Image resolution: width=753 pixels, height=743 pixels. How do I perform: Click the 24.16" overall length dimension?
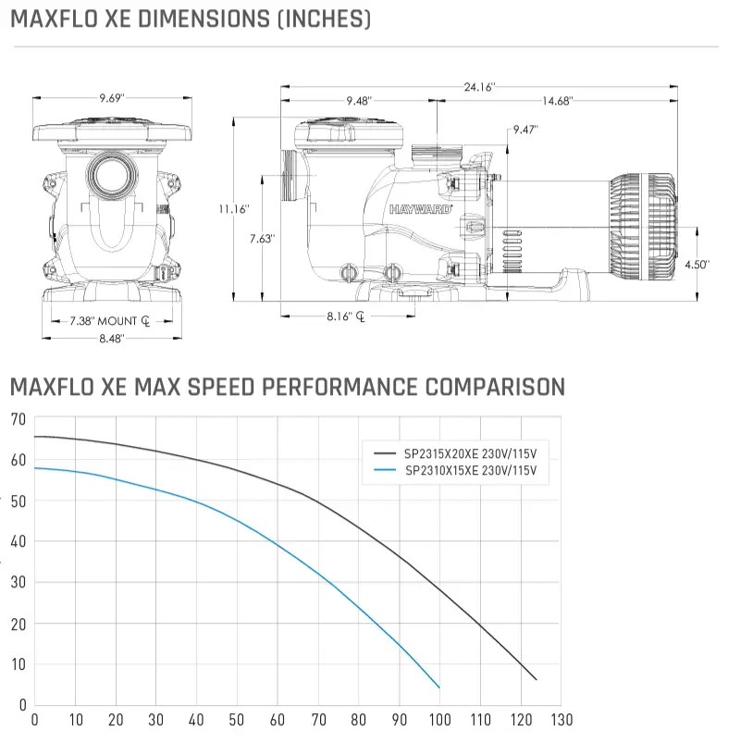(x=480, y=87)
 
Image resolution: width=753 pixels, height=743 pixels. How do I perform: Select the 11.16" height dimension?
(x=234, y=209)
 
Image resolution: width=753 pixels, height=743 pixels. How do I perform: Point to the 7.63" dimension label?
(x=262, y=239)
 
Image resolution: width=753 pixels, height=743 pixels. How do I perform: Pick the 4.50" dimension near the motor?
(x=697, y=265)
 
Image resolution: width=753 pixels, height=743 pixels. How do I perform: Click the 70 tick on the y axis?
(x=17, y=419)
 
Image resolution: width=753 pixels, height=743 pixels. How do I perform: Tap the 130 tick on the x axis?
(x=562, y=719)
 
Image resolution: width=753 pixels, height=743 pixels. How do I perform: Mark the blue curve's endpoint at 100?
(x=439, y=687)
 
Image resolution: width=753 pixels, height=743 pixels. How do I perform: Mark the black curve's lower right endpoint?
(x=536, y=680)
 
